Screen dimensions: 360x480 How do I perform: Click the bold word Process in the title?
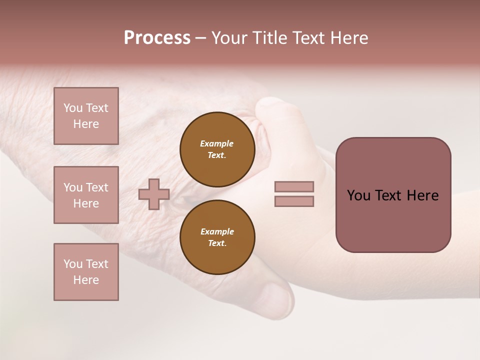(157, 38)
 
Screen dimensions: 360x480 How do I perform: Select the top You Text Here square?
(86, 116)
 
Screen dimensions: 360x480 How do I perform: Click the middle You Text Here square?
(86, 195)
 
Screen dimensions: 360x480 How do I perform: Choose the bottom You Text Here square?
(86, 272)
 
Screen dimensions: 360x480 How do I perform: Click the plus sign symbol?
(154, 194)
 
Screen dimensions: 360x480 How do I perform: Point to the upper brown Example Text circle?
(217, 149)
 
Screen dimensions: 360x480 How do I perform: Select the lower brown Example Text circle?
(217, 237)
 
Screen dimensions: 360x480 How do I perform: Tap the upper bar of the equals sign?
(294, 186)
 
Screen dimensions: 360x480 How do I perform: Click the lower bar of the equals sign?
(294, 201)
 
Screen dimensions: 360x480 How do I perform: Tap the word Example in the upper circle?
(216, 143)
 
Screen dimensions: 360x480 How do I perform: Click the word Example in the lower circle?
(216, 231)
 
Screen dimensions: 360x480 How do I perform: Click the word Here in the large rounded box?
(422, 195)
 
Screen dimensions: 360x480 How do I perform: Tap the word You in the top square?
(73, 108)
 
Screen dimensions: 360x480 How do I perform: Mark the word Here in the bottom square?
(86, 280)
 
